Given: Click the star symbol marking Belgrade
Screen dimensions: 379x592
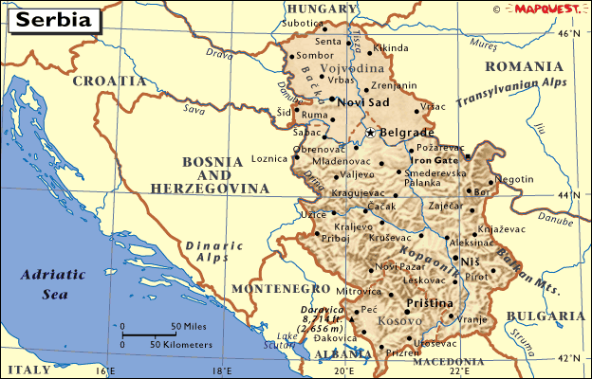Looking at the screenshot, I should click(371, 134).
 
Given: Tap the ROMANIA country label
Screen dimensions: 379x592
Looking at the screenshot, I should click(523, 66).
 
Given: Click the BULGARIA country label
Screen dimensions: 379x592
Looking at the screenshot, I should click(545, 316).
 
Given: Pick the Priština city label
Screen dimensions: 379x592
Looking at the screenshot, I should click(431, 303).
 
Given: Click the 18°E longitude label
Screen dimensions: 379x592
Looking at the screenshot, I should click(222, 370).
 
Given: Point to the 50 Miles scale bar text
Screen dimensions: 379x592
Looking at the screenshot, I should click(190, 326).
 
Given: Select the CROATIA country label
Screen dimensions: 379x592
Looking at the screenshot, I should click(109, 81).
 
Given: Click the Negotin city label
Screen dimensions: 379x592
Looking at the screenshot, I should click(516, 179).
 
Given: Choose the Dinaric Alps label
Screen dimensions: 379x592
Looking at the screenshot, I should click(207, 250).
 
